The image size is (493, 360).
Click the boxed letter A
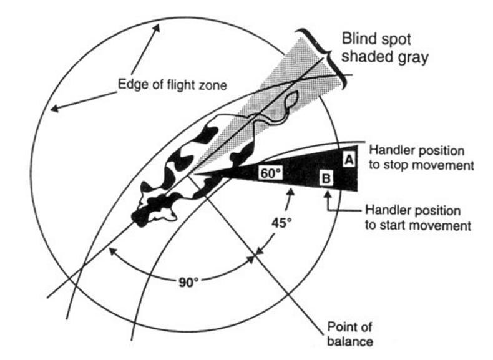click(x=349, y=159)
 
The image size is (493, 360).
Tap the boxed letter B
click(x=325, y=179)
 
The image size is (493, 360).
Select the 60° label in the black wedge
click(x=268, y=173)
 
